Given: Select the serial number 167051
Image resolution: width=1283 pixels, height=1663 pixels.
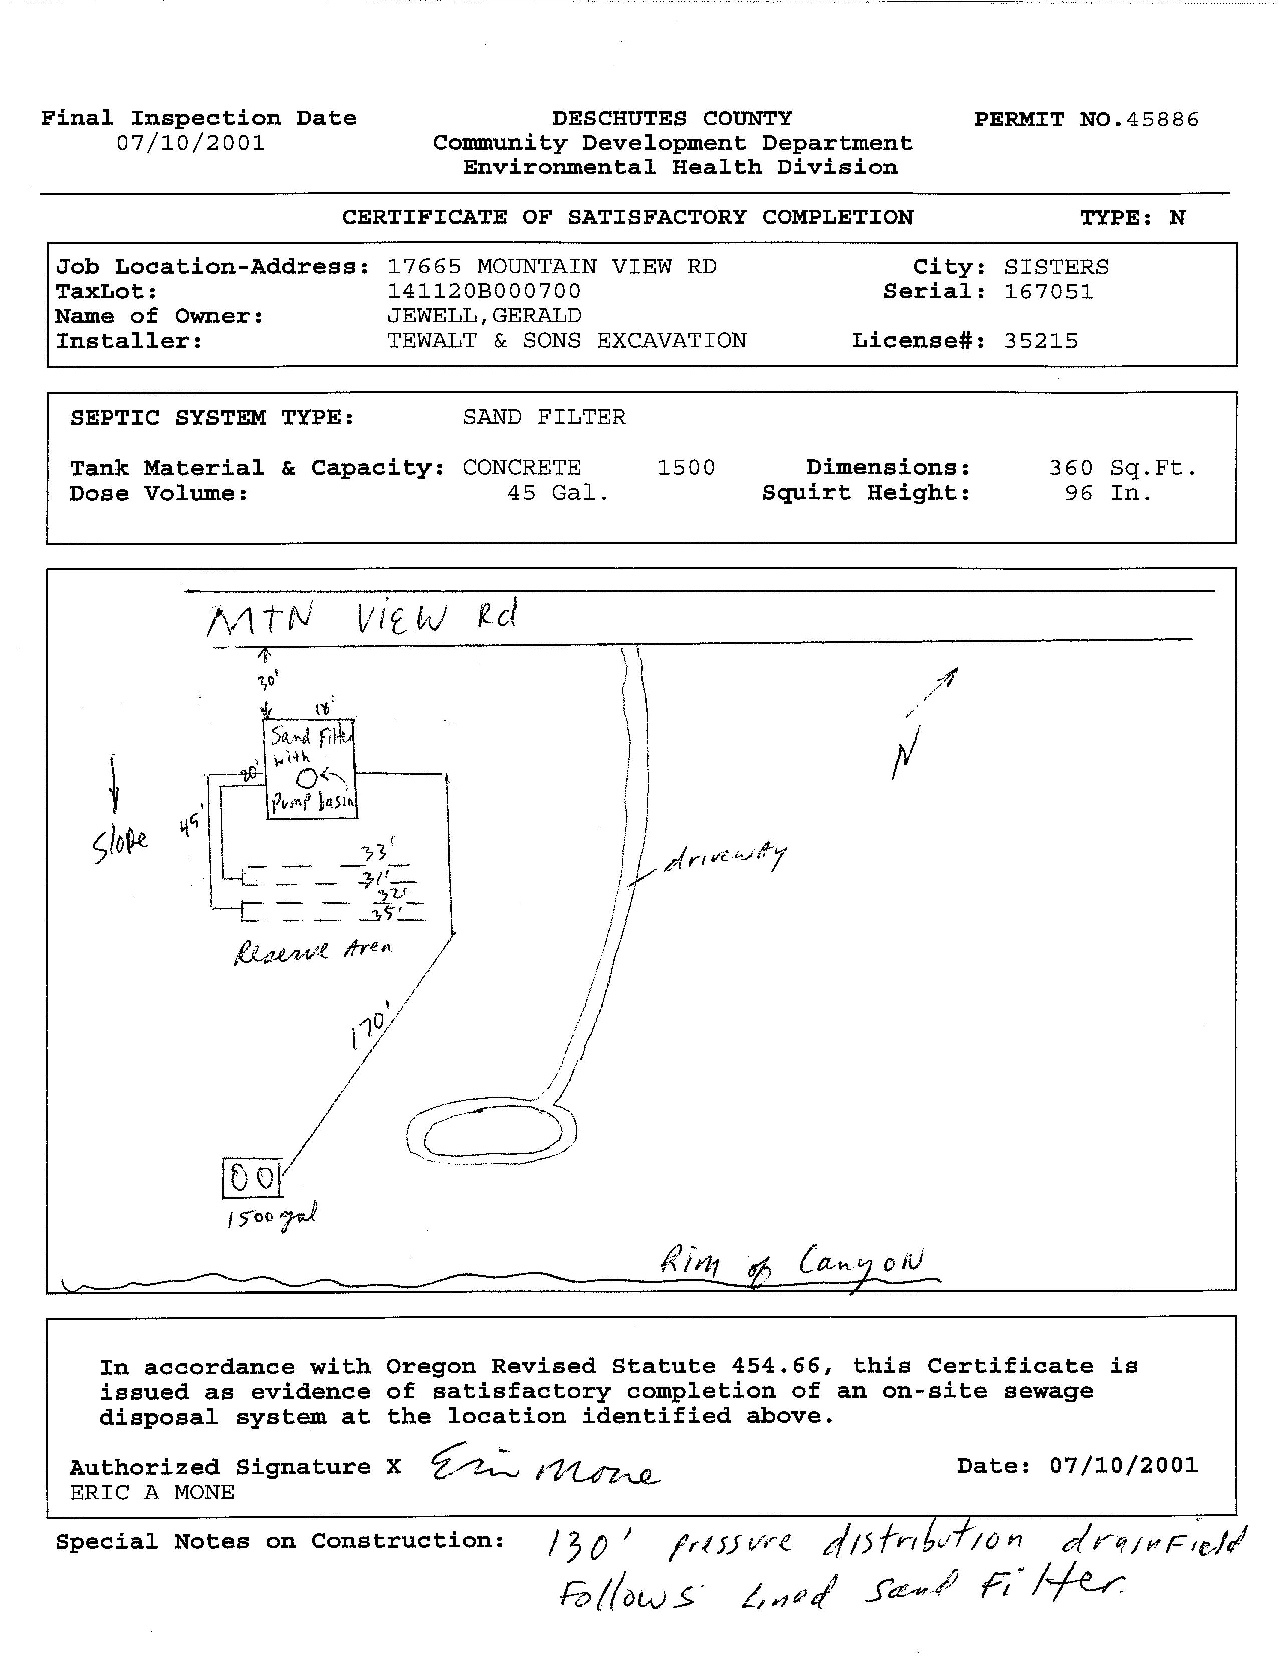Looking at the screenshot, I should [1048, 292].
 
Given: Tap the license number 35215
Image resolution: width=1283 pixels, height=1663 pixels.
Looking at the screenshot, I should [1040, 341].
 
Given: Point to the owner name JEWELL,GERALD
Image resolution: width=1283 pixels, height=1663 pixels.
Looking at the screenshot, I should [484, 316].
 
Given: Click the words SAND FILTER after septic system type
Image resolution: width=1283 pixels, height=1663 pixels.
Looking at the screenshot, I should [544, 417].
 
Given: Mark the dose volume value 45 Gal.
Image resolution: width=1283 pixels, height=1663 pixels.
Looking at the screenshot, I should [558, 493].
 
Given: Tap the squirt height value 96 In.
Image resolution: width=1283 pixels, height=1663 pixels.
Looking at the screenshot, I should [1108, 493].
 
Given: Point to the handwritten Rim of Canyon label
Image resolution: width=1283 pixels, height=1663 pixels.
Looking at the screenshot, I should [791, 1265].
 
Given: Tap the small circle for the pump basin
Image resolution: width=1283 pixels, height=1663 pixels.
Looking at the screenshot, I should [306, 778].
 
